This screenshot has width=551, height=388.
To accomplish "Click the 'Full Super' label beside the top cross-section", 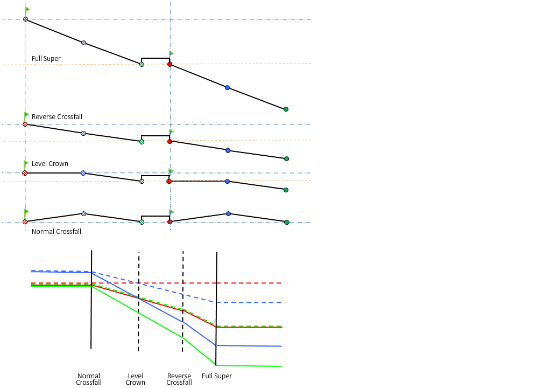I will pos(46,59).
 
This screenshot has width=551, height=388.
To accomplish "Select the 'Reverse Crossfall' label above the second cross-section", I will pos(57,117).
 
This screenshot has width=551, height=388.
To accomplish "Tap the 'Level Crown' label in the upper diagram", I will pos(50,164).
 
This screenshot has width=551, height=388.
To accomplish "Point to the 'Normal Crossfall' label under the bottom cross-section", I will pos(56,232).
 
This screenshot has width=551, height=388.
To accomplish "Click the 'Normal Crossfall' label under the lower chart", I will pos(89,379).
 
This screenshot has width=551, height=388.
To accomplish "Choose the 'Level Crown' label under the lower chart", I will pos(136,379).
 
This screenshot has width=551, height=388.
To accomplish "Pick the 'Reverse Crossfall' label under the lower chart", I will pos(179,379).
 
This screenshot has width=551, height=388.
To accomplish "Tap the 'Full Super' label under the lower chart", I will pos(217,376).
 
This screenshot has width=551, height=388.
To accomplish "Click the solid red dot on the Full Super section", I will pos(169,64).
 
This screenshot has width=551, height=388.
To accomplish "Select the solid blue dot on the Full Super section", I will pos(227,87).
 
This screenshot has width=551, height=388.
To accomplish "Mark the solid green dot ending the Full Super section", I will pos(286,109).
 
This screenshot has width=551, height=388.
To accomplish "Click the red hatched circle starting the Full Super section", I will pos(25,19).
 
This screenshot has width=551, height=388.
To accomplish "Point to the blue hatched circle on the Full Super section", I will pos(83,43).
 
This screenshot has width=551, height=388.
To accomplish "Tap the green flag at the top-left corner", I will pos(27,10).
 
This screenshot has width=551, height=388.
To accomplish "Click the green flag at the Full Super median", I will pos(172,53).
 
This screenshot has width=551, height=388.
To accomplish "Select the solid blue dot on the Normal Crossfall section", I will pos(228,214).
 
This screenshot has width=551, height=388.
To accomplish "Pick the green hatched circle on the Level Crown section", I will pos(142,182).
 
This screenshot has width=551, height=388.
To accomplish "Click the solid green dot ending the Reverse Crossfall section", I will pos(286,159).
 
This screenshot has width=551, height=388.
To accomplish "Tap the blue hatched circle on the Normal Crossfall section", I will pos(83,214).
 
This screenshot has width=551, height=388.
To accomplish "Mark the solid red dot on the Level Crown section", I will pos(169,182).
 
